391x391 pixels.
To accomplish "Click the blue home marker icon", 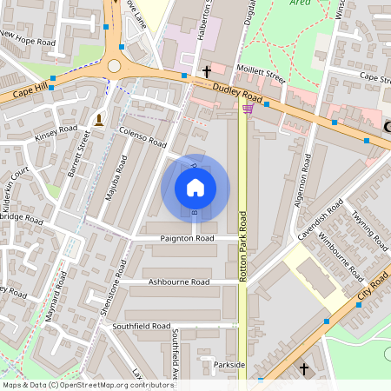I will pyautogui.click(x=195, y=188).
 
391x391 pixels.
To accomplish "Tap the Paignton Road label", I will pyautogui.click(x=187, y=238).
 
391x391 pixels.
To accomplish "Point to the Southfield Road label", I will pyautogui.click(x=141, y=326).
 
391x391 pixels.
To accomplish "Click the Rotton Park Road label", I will pyautogui.click(x=242, y=249).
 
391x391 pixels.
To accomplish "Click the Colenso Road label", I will pyautogui.click(x=142, y=136).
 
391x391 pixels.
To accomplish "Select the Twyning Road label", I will pyautogui.click(x=364, y=226).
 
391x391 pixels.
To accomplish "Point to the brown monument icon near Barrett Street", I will pyautogui.click(x=100, y=119).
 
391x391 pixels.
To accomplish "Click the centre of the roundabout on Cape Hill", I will pyautogui.click(x=114, y=66).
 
